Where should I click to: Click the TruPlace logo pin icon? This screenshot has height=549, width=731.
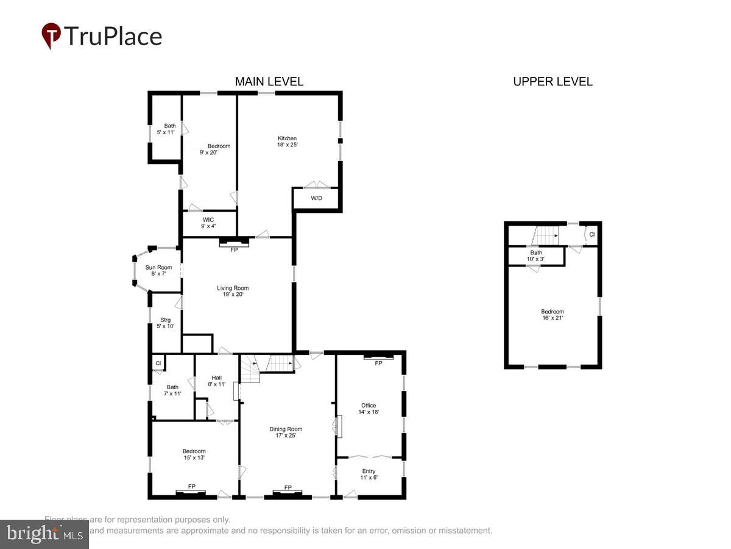click(x=51, y=35)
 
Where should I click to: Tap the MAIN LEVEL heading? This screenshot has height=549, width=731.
click(x=269, y=82)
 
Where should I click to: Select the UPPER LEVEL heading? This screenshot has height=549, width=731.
click(x=553, y=82)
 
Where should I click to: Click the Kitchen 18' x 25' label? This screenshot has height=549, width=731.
click(x=287, y=142)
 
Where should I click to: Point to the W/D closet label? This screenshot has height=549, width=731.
click(x=317, y=199)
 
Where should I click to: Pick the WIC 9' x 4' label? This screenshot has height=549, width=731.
click(x=207, y=223)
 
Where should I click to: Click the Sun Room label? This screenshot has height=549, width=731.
click(x=158, y=270)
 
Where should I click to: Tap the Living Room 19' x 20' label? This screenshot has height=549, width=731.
click(x=233, y=291)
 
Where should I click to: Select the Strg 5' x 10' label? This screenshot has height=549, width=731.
click(x=165, y=323)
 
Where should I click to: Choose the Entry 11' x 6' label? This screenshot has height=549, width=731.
click(x=369, y=474)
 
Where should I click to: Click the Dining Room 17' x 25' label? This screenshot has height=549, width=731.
click(x=286, y=432)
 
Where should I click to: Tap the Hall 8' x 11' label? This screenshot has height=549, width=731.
click(x=216, y=381)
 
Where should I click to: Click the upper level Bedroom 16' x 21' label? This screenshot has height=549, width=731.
click(x=552, y=314)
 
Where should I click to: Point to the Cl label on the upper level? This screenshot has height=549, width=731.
click(x=592, y=234)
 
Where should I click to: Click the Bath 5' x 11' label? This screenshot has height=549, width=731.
click(x=169, y=129)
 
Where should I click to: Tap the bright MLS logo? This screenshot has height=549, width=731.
click(x=44, y=534)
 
